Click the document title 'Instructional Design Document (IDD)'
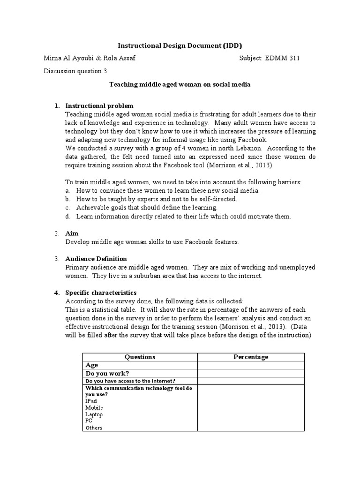click(x=180, y=45)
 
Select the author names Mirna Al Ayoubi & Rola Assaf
click(x=89, y=59)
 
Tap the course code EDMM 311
click(x=283, y=59)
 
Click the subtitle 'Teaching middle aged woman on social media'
click(x=180, y=85)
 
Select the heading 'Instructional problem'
click(x=99, y=106)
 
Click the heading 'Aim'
click(x=72, y=233)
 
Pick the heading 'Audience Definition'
click(x=96, y=259)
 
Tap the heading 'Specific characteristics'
click(x=101, y=292)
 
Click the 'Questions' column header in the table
click(x=140, y=357)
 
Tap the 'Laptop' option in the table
click(x=94, y=414)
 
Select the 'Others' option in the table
click(x=94, y=427)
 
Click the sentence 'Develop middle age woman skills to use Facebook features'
click(x=152, y=242)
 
